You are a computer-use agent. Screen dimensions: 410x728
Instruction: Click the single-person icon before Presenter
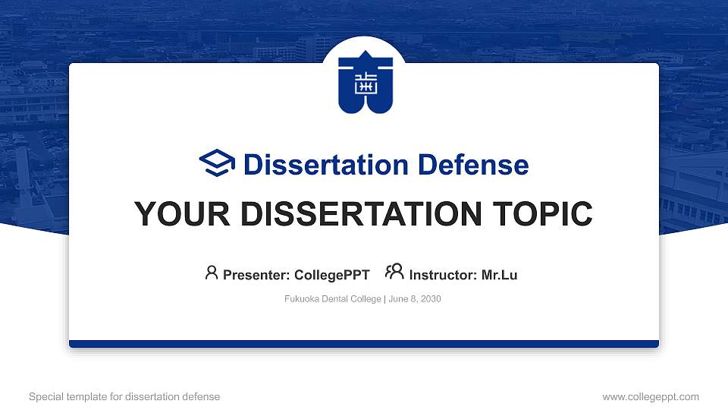tap(212, 273)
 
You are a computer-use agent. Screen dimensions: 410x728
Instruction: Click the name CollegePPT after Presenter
tap(331, 275)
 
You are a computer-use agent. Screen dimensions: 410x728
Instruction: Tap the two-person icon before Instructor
tap(394, 272)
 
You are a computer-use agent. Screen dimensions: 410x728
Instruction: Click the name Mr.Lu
tap(500, 275)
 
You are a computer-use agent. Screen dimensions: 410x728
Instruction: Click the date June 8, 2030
tap(415, 299)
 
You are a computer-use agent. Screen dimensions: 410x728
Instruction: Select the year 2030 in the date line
tap(430, 299)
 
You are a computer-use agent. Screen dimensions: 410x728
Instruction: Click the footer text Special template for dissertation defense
tap(124, 396)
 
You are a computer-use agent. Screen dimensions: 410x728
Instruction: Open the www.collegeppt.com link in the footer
tap(651, 396)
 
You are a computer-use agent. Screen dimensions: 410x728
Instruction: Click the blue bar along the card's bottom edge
tap(364, 344)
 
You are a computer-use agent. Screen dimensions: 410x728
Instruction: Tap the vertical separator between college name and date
tap(384, 299)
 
